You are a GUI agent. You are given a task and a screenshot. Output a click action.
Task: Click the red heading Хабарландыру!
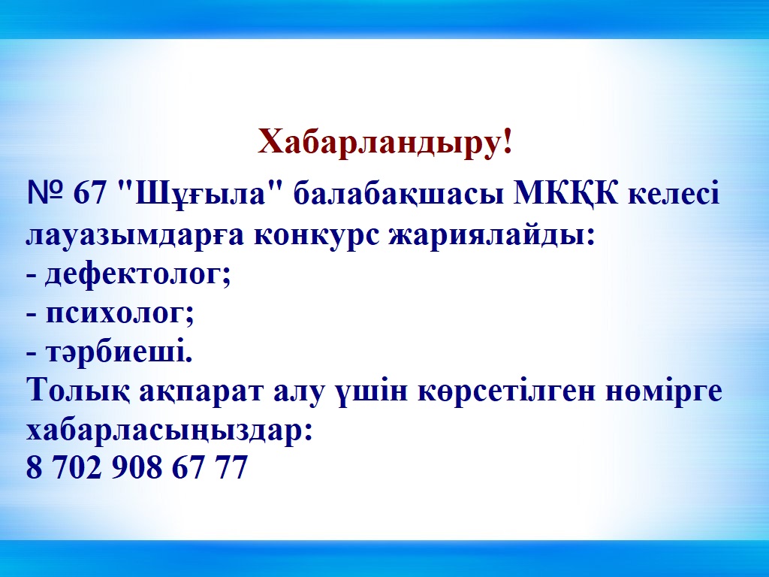point(385,143)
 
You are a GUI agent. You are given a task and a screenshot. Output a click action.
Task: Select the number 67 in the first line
point(90,193)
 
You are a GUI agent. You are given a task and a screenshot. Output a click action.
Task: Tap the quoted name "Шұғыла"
point(199,195)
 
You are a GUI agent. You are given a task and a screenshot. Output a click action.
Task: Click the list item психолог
point(116,313)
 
